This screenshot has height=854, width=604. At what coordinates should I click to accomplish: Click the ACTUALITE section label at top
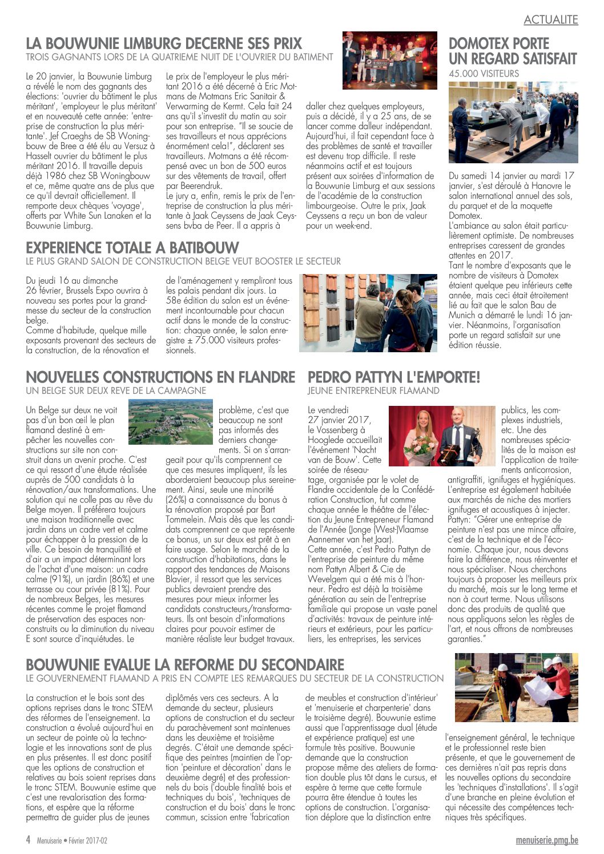(550, 20)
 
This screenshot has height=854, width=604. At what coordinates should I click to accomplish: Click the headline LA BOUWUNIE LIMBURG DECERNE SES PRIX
(164, 43)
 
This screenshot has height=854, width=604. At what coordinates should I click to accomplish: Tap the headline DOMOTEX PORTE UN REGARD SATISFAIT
(512, 51)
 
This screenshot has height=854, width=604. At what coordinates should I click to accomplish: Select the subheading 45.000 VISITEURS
(484, 74)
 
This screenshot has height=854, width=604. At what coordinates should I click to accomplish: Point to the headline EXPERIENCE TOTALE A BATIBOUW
(132, 248)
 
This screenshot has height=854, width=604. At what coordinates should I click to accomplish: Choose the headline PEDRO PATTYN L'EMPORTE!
(394, 377)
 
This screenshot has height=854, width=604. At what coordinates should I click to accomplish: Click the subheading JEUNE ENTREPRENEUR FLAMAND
(373, 391)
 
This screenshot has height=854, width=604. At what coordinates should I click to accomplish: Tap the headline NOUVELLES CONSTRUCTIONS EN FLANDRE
(160, 377)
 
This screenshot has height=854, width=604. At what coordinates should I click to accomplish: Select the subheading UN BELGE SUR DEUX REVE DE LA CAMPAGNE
(116, 391)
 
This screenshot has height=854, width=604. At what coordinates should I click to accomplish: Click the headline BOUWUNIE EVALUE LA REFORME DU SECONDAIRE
(185, 665)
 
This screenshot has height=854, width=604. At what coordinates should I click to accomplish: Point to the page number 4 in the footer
(28, 840)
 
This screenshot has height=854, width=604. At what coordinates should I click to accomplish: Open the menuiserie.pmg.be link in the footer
(546, 840)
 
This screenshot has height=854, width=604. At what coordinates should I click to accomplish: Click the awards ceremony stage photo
(389, 61)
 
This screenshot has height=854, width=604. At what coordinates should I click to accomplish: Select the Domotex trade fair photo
(513, 122)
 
